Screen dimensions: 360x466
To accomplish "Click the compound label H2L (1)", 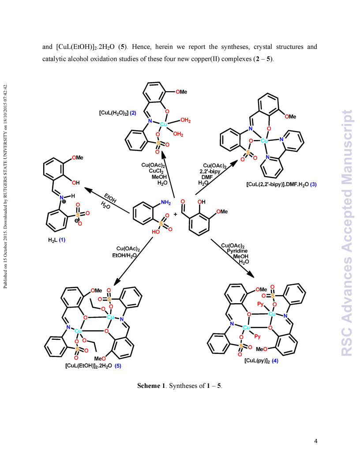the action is click(x=57, y=240).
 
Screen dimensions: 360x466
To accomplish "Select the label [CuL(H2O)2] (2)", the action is click(x=118, y=113).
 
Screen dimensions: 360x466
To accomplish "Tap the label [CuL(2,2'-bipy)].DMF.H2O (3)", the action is click(x=281, y=184).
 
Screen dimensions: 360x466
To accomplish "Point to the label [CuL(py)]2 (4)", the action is click(x=261, y=361).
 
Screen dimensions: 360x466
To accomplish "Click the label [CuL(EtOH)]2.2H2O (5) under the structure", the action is click(x=93, y=365).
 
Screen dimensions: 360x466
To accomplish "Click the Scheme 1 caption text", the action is click(x=180, y=386).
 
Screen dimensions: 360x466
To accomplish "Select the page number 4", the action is click(x=316, y=441).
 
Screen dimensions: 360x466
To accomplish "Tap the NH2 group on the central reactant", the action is click(x=166, y=203).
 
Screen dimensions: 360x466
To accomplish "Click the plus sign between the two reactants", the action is click(x=175, y=214).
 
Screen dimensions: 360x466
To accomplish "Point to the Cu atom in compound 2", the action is click(x=163, y=124).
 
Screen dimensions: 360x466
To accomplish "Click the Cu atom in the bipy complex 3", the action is click(x=264, y=141).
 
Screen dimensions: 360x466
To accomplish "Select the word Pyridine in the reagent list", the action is click(x=237, y=251).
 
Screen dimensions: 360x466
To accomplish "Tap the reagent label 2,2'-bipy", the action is click(x=210, y=172).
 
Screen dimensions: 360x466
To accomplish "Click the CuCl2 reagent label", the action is click(x=156, y=171).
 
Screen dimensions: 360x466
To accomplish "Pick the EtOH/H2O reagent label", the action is click(x=124, y=256).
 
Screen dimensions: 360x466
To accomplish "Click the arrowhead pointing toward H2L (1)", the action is click(x=88, y=189).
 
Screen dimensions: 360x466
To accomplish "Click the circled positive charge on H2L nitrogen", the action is click(x=64, y=202).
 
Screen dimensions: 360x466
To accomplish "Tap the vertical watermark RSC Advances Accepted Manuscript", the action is click(x=346, y=233).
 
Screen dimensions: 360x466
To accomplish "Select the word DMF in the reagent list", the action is click(x=207, y=177).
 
